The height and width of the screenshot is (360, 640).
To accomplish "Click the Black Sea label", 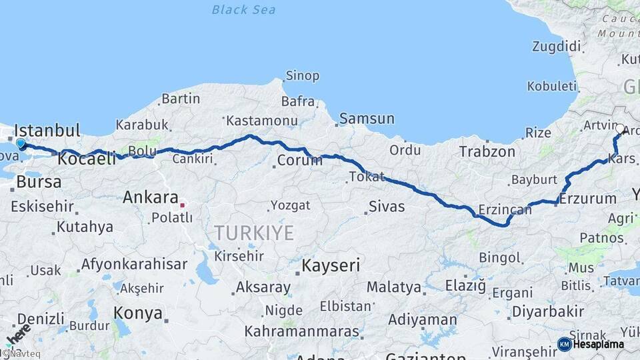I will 243,9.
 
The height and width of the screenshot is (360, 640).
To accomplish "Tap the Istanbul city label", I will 47,129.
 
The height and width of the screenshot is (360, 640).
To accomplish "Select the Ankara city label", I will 151,197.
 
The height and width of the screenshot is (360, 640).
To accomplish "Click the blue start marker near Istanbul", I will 21,143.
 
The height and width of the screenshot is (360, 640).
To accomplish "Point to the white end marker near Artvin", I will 620,129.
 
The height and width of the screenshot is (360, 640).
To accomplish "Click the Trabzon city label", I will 487,151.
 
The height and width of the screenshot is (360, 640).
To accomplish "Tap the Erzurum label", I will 588,199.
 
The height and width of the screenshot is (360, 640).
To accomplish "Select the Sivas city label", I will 387,207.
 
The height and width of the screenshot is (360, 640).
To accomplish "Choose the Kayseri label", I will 331,265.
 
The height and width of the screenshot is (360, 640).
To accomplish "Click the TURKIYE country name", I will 254,233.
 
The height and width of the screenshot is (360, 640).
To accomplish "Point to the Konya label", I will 138,313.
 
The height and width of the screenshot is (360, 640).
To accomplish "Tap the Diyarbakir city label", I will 548,311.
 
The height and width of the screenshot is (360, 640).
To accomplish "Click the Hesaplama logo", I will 591,344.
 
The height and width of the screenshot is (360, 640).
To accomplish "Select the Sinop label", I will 302,76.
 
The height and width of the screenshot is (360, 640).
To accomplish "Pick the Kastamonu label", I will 261,121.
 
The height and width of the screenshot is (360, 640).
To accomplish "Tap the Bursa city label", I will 39,181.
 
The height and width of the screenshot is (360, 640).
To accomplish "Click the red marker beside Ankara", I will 182,205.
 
